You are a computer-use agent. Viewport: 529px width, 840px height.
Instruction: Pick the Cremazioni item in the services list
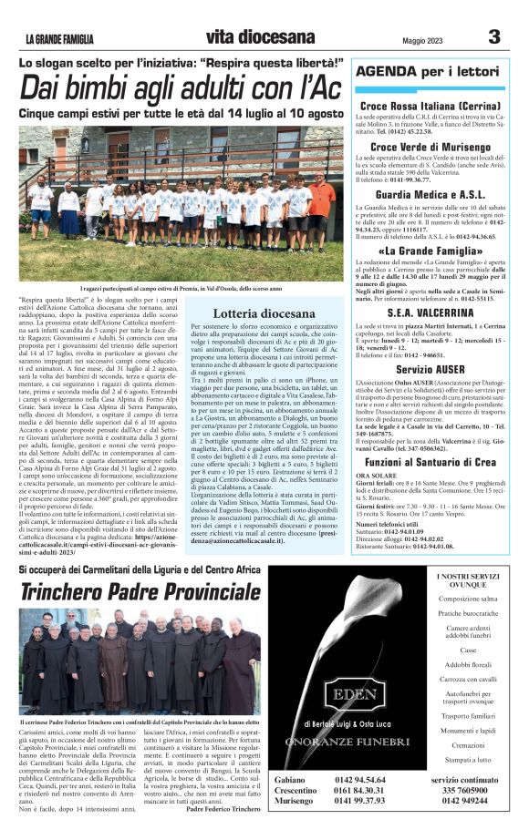tap(468, 744)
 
